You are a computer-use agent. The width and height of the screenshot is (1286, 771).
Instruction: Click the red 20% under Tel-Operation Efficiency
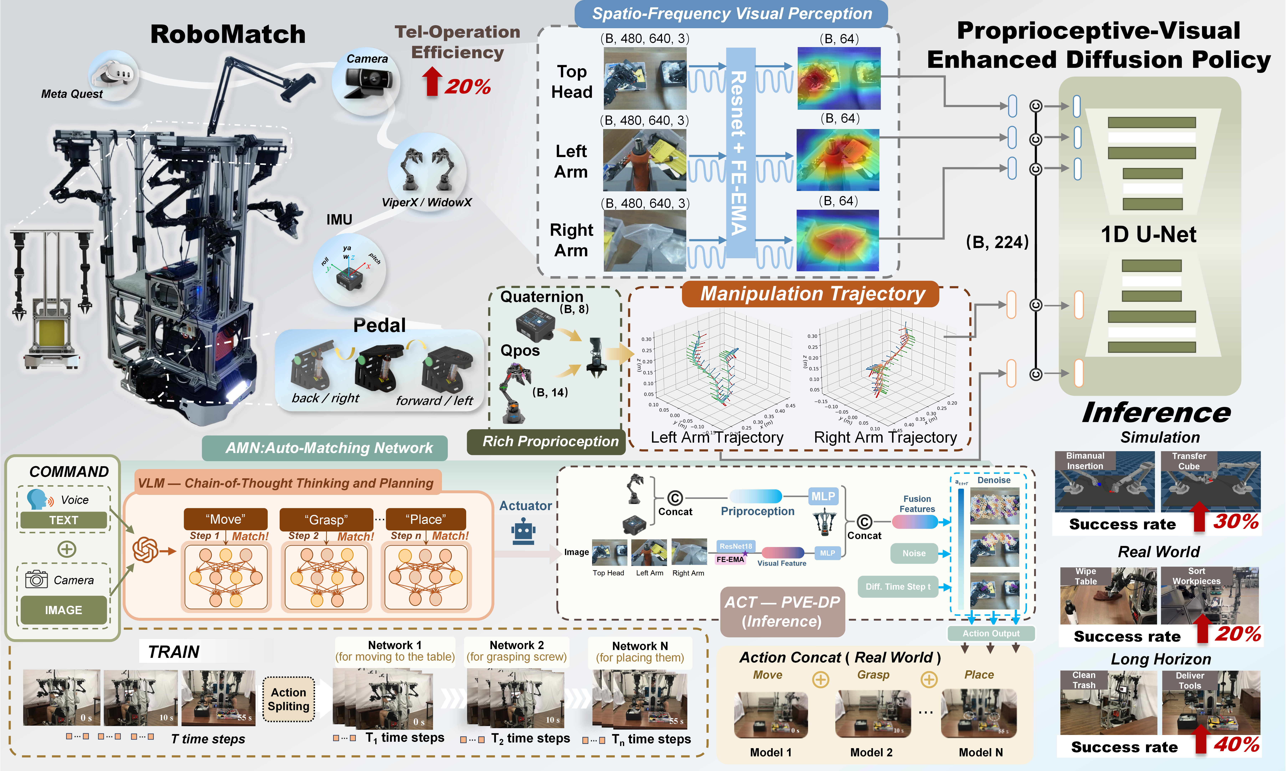(467, 86)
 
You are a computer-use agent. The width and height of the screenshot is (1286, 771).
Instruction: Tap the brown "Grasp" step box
(326, 520)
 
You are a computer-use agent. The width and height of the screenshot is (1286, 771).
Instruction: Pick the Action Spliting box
(289, 699)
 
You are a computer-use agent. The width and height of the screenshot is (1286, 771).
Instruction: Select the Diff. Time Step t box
(898, 587)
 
